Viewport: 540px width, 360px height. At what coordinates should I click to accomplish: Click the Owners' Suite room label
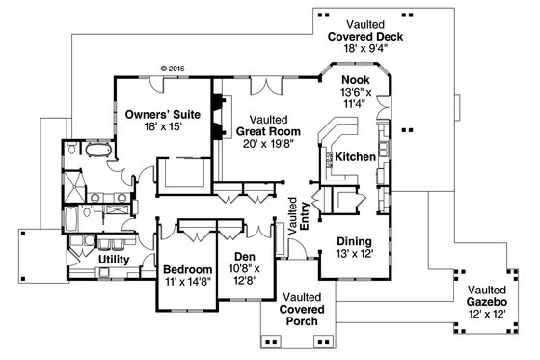tap(161, 114)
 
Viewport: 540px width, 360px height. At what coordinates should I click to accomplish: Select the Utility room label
tap(115, 260)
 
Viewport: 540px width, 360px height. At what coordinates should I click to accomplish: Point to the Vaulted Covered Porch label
tap(304, 309)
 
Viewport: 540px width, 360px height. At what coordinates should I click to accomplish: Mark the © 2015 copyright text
tap(171, 69)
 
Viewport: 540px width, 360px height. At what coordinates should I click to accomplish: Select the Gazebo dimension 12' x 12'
tap(491, 316)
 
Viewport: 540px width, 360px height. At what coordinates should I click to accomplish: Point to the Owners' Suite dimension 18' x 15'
tap(161, 126)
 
